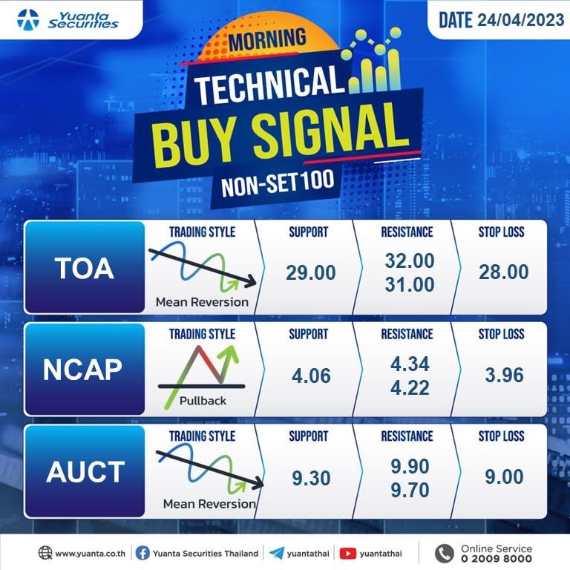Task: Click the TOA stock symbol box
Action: pos(85,267)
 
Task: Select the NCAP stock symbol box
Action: pos(85,370)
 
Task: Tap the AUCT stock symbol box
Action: pos(85,471)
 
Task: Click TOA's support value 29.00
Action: pos(310,272)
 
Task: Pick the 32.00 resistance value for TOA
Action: pos(410,261)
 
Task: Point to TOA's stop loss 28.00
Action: pos(503,272)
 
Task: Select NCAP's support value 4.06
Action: pos(311,376)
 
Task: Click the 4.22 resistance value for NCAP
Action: pos(410,387)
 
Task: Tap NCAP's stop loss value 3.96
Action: pos(504,375)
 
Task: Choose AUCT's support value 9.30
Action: pos(311,478)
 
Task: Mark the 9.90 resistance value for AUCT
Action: pos(410,466)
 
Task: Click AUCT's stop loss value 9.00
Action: pos(504,476)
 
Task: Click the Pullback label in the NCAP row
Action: pos(203,401)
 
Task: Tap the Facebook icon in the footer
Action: pos(142,553)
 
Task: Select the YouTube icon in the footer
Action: pos(347,554)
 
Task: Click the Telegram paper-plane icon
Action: pos(277,553)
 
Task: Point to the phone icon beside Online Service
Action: pos(445,553)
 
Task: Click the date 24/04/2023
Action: pos(520,19)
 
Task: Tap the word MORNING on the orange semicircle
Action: pos(267,39)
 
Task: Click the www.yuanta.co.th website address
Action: pos(90,554)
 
